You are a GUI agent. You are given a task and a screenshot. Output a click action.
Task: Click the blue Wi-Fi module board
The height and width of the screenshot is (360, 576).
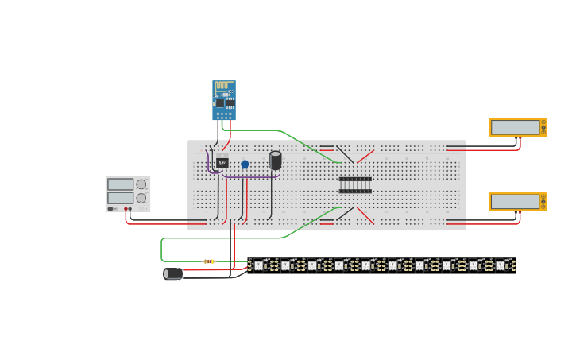223,100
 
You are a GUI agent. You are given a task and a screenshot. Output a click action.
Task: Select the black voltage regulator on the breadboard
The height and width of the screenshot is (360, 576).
222,162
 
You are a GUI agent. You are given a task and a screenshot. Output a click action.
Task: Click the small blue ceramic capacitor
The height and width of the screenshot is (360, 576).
245,165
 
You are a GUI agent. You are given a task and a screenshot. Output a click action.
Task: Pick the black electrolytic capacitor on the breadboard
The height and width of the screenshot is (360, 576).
276,161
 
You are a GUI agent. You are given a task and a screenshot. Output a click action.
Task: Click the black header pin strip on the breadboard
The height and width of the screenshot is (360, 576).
355,185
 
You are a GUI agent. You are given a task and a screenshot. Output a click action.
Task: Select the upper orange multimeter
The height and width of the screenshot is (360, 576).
517,127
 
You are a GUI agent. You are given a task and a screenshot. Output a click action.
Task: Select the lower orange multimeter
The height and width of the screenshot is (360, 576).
517,202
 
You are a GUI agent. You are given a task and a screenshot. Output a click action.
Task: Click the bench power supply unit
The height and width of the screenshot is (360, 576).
128,194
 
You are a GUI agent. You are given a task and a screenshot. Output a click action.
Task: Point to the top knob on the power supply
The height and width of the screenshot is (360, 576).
141,184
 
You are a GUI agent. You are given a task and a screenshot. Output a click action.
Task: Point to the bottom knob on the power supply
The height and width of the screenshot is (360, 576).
141,198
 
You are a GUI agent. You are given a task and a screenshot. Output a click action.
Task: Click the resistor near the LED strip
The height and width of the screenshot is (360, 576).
209,261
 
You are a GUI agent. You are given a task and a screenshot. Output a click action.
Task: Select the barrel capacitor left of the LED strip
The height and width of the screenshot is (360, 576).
172,273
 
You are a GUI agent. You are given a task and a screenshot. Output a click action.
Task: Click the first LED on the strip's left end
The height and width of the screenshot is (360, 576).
258,265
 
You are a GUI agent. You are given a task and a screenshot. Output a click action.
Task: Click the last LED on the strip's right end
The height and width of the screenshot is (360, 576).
501,265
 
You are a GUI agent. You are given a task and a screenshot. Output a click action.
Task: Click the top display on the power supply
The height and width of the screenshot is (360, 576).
120,184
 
